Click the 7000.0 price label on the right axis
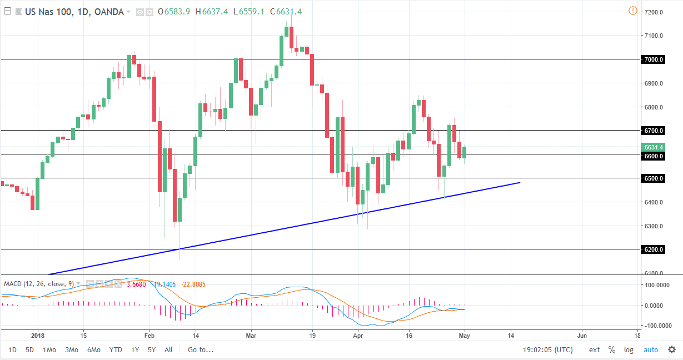(653, 59)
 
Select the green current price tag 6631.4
(652, 147)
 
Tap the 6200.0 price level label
(653, 249)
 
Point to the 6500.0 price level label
(653, 178)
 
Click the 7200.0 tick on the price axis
(652, 12)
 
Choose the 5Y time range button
(152, 350)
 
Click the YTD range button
(116, 350)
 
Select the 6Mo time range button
(93, 350)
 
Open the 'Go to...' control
(200, 350)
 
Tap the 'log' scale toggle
(629, 350)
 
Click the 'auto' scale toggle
(650, 350)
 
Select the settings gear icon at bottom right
(671, 350)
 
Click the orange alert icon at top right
(632, 11)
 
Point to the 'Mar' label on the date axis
(251, 336)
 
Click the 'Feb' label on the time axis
(148, 336)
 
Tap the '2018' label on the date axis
(38, 336)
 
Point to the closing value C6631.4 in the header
(285, 12)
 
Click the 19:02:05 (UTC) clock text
(547, 350)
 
